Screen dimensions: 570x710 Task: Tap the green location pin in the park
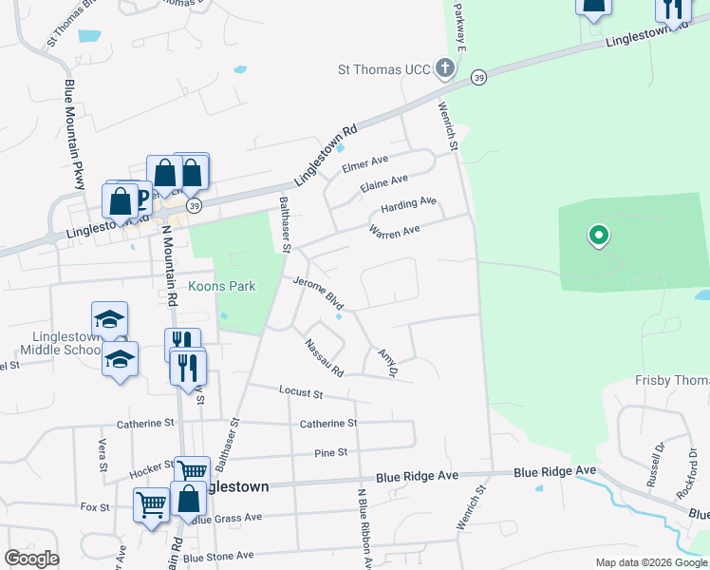tap(598, 234)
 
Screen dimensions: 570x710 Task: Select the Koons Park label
tap(222, 286)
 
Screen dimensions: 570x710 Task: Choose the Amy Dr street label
tap(386, 362)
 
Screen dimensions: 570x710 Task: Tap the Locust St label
tap(301, 391)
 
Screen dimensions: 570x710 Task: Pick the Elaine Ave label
tap(383, 183)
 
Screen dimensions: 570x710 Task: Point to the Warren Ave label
tap(394, 231)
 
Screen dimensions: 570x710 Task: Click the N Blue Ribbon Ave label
tap(363, 529)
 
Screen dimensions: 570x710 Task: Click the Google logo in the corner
tap(31, 559)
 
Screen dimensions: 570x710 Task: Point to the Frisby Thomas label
tap(671, 381)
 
